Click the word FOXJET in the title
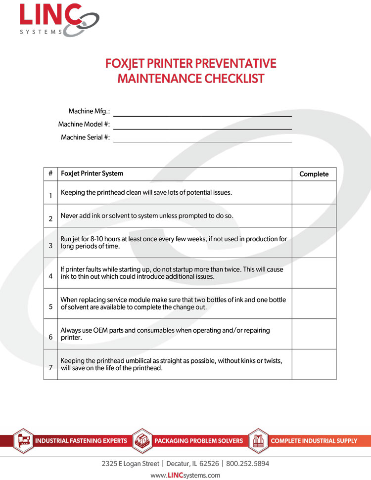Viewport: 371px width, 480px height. pos(128,64)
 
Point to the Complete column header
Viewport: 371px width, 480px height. pos(314,174)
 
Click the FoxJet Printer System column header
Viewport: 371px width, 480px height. pos(92,174)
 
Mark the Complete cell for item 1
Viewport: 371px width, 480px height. pos(314,192)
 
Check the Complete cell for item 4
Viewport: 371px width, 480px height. pos(314,273)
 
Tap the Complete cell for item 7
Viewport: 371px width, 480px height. pos(314,364)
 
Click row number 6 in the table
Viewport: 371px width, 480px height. pos(50,337)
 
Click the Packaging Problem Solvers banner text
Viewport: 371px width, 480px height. pos(199,440)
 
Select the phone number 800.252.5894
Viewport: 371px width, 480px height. pos(248,464)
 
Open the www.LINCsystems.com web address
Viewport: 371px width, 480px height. pos(185,475)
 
